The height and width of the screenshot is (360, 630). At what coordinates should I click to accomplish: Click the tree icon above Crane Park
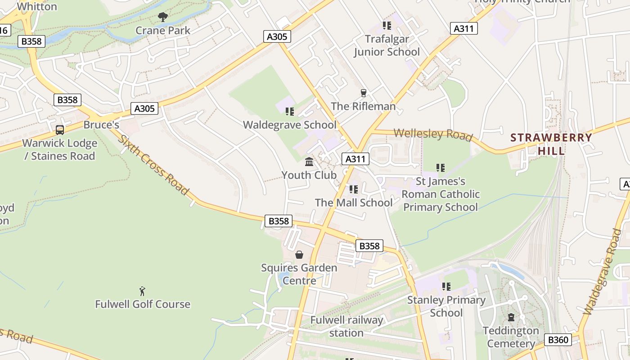pyautogui.click(x=163, y=17)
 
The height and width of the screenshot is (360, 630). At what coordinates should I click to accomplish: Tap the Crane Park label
pyautogui.click(x=163, y=31)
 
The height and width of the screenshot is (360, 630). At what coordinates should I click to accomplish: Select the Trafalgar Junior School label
pyautogui.click(x=387, y=45)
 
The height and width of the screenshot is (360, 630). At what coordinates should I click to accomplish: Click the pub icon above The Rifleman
pyautogui.click(x=364, y=93)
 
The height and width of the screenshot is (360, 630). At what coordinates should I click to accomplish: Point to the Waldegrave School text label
pyautogui.click(x=290, y=125)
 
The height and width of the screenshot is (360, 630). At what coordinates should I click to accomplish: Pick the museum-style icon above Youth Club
pyautogui.click(x=309, y=162)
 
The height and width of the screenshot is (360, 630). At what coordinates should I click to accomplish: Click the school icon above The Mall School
pyautogui.click(x=354, y=189)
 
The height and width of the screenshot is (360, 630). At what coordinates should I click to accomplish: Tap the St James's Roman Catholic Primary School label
pyautogui.click(x=441, y=194)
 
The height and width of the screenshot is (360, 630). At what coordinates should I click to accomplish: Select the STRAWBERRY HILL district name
pyautogui.click(x=551, y=144)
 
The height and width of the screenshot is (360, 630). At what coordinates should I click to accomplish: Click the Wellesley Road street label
pyautogui.click(x=433, y=134)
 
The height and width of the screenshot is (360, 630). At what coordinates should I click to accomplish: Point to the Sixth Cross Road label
pyautogui.click(x=153, y=165)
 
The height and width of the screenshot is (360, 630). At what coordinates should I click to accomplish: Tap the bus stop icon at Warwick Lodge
pyautogui.click(x=60, y=130)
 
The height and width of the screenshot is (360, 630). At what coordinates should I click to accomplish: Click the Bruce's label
pyautogui.click(x=101, y=125)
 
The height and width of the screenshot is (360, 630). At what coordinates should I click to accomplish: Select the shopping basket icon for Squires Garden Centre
pyautogui.click(x=299, y=255)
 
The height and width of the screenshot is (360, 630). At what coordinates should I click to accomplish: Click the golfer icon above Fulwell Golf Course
pyautogui.click(x=143, y=291)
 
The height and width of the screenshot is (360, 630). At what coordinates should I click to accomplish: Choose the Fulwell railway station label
pyautogui.click(x=346, y=327)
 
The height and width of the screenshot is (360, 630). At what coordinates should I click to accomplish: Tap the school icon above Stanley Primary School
pyautogui.click(x=446, y=287)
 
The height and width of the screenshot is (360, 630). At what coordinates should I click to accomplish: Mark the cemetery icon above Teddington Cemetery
pyautogui.click(x=511, y=317)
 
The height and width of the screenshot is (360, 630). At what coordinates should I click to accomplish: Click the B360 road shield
pyautogui.click(x=558, y=340)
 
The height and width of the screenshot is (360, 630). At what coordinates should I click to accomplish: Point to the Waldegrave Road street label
pyautogui.click(x=603, y=272)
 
